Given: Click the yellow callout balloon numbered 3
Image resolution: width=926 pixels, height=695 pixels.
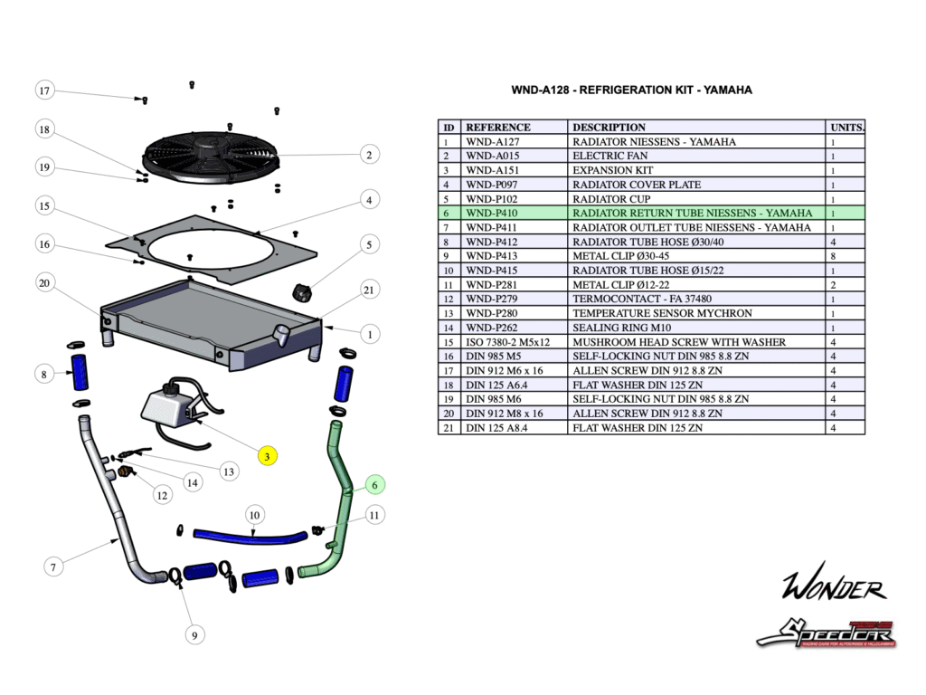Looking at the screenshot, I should (x=267, y=456).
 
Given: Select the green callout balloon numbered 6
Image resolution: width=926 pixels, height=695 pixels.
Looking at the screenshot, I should (x=375, y=485).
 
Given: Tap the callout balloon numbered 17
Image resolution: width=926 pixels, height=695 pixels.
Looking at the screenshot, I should (x=45, y=90).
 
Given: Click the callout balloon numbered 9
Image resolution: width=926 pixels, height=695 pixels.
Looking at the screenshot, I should (x=193, y=635).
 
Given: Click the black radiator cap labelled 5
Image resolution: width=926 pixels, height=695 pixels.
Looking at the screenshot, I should (x=301, y=292).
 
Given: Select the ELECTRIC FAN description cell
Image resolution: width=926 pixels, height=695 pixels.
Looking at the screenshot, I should (x=696, y=156).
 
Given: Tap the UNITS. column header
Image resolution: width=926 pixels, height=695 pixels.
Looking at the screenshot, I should (x=846, y=127).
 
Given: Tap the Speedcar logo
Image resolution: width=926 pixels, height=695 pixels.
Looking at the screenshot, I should (x=825, y=631).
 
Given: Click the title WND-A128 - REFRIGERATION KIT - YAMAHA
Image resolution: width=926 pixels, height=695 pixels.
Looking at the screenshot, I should (x=631, y=90).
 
